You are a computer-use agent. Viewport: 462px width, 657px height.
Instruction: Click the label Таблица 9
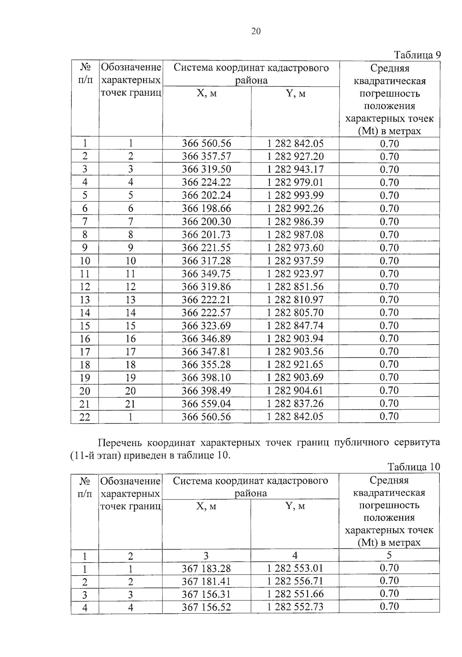pyautogui.click(x=417, y=55)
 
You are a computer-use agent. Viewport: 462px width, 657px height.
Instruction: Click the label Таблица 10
pyautogui.click(x=413, y=467)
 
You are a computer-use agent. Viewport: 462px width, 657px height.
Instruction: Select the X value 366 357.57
pyautogui.click(x=206, y=156)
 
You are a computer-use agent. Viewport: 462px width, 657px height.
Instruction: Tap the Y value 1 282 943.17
pyautogui.click(x=295, y=169)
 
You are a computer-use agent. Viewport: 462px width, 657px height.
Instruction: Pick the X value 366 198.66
pyautogui.click(x=206, y=208)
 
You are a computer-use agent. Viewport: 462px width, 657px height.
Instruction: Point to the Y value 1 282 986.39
pyautogui.click(x=295, y=221)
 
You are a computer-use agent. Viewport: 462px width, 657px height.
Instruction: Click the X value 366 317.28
pyautogui.click(x=206, y=261)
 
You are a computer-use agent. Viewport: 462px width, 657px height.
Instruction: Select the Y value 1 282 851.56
pyautogui.click(x=295, y=287)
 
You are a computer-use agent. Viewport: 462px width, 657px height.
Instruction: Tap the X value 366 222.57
pyautogui.click(x=206, y=313)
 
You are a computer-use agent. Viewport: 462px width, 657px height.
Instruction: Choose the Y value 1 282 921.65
pyautogui.click(x=295, y=364)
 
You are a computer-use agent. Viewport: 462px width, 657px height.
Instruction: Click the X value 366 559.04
pyautogui.click(x=206, y=404)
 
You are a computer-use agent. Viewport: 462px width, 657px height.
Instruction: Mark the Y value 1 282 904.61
pyautogui.click(x=295, y=391)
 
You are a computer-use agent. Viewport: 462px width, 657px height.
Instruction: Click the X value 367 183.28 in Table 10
pyautogui.click(x=206, y=568)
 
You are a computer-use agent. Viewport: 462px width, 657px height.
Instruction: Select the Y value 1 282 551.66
pyautogui.click(x=295, y=594)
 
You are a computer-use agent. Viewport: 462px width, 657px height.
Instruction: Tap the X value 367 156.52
pyautogui.click(x=206, y=607)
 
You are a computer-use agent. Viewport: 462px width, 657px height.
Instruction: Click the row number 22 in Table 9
pyautogui.click(x=85, y=417)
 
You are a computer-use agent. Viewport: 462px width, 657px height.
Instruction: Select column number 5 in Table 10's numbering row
pyautogui.click(x=389, y=555)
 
